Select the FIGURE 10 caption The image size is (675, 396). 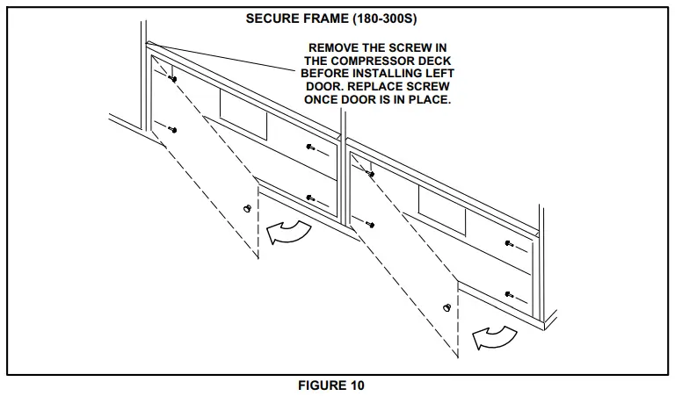pos(337,385)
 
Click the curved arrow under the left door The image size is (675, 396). pos(289,232)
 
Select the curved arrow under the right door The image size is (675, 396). pos(492,334)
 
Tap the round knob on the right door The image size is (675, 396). pos(448,307)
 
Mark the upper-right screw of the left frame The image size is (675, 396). pos(308,147)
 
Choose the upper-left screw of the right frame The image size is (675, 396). pos(370,174)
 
